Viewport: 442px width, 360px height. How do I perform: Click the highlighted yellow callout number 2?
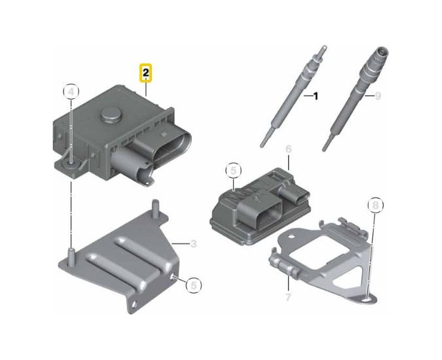pos(146,73)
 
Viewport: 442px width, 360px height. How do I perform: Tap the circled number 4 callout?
pos(71,92)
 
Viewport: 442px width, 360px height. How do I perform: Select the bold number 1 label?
pos(316,96)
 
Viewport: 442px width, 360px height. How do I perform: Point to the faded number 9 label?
pos(378,96)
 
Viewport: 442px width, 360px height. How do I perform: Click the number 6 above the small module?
pos(288,149)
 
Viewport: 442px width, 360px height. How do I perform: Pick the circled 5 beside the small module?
pos(233,171)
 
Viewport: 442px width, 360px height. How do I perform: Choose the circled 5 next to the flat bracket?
pos(194,285)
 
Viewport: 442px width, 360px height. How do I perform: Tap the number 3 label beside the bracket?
pos(193,243)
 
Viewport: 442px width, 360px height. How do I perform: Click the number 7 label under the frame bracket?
pos(288,297)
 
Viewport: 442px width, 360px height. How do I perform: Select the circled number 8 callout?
pos(376,205)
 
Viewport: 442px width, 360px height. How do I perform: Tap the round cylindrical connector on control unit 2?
pos(132,168)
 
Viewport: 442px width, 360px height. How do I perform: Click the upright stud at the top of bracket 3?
pos(155,208)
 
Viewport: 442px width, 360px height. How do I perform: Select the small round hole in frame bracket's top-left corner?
pos(292,236)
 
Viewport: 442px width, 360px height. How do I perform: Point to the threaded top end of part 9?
pos(378,54)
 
